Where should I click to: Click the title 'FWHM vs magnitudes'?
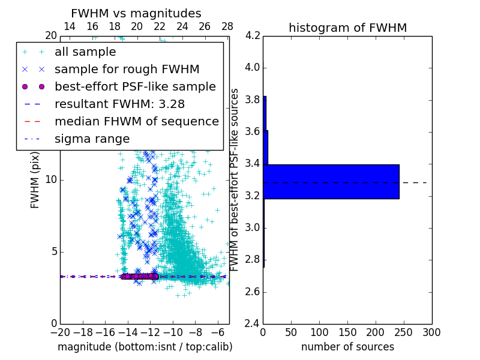(136, 14)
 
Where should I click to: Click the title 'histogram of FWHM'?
(347, 28)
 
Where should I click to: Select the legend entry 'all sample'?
(85, 52)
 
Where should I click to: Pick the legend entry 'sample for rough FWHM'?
(127, 70)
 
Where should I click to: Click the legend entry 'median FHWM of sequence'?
(136, 121)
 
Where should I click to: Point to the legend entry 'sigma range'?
(92, 139)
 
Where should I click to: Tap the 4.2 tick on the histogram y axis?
(253, 35)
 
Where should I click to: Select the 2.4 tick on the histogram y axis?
(253, 324)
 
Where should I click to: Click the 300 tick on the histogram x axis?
(431, 332)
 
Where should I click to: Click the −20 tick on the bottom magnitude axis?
(60, 332)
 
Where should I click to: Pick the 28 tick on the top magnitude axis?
(227, 27)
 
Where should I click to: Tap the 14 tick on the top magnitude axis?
(70, 27)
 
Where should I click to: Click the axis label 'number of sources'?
(347, 347)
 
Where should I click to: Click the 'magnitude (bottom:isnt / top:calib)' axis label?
(145, 347)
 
